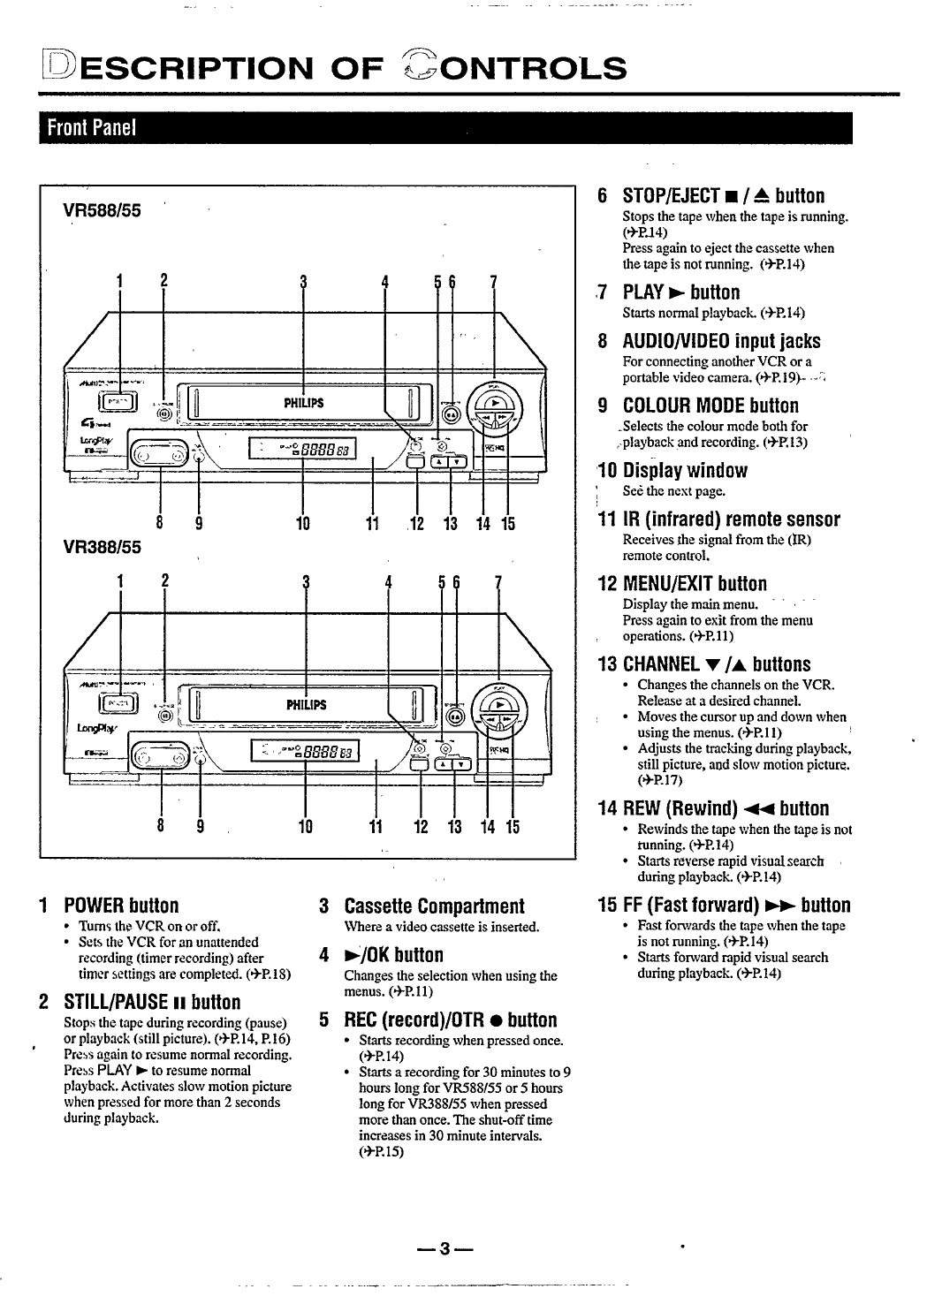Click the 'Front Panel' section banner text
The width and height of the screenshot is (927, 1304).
tap(91, 128)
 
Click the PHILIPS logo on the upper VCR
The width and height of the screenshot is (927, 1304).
tap(303, 403)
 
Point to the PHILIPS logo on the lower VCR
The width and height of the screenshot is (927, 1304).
tap(306, 705)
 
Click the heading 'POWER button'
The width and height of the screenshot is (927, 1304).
tap(121, 906)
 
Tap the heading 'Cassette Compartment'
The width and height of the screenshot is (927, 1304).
tap(433, 906)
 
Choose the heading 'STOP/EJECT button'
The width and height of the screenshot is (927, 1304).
tap(723, 195)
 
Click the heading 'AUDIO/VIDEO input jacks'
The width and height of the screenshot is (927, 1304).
tap(721, 341)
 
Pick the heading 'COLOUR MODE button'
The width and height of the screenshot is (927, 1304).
tap(710, 406)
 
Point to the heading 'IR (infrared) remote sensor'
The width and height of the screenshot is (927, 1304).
tap(731, 519)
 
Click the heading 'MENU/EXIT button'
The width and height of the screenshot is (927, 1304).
tap(695, 583)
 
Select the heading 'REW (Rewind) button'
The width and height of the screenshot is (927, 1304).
tap(726, 808)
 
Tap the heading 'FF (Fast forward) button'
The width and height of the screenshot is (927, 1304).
tap(736, 905)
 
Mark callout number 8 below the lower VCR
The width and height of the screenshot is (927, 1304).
tap(160, 827)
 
